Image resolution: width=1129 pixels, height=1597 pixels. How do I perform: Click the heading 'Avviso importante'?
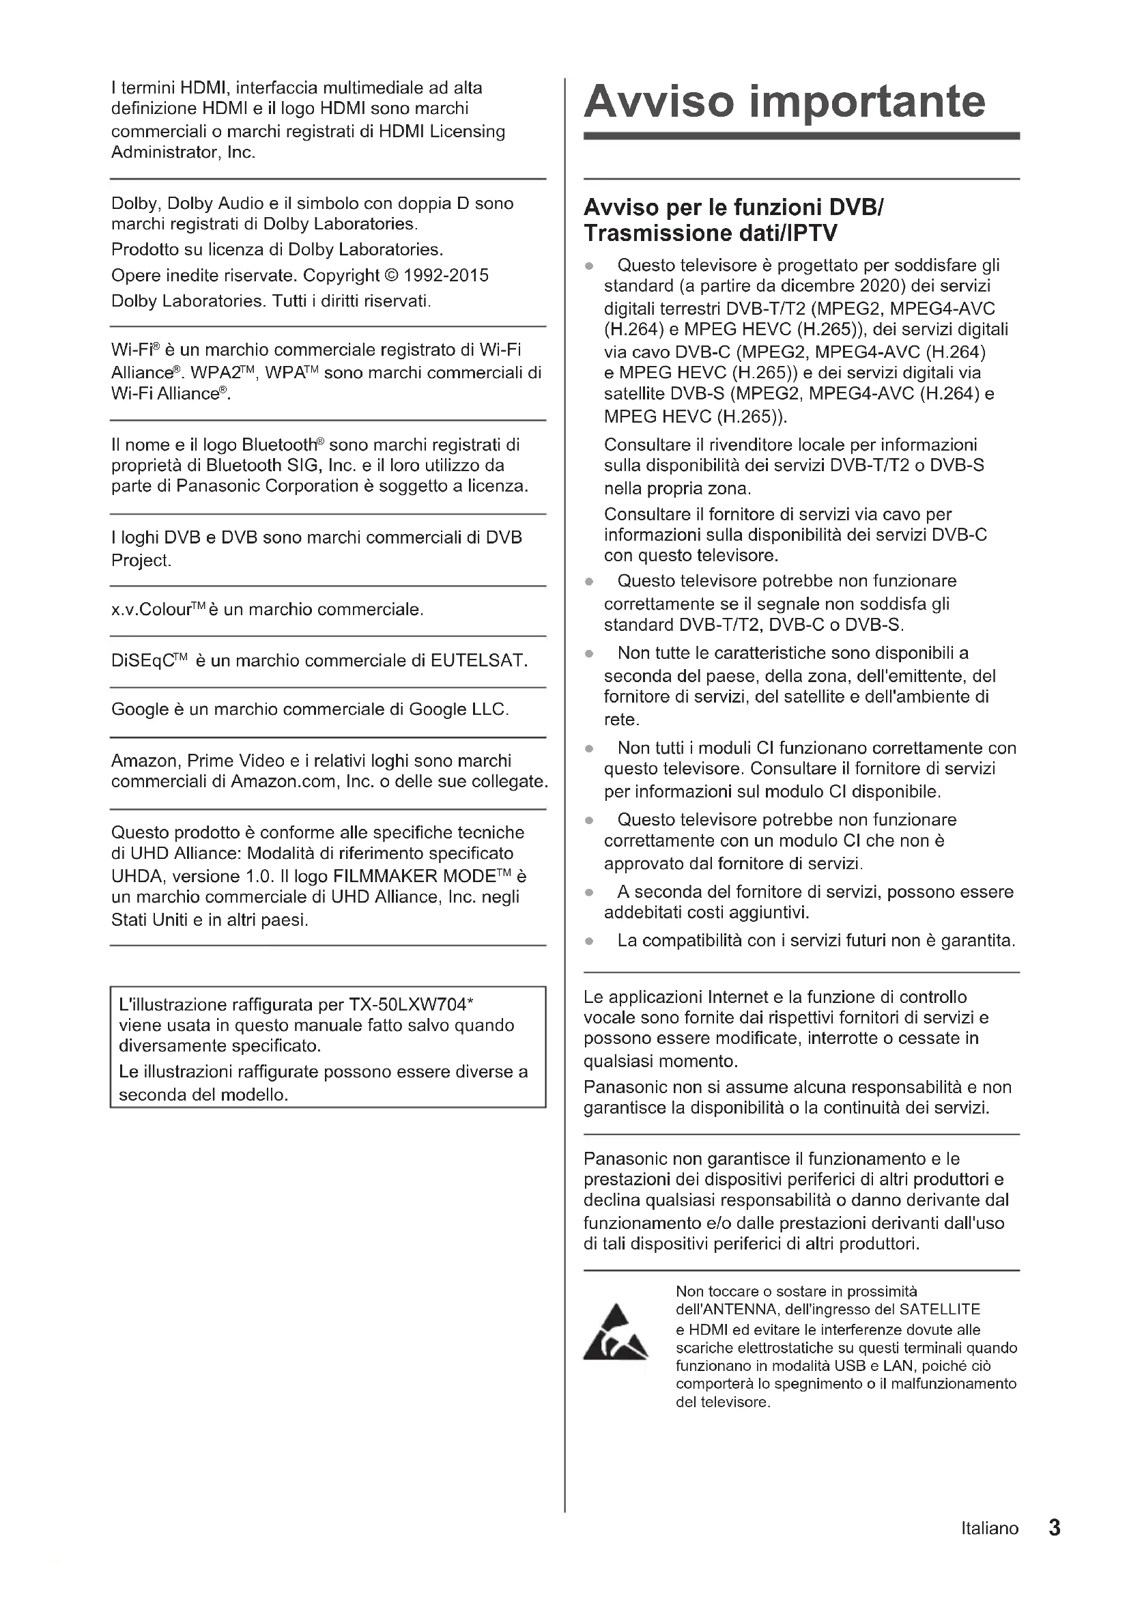tap(784, 102)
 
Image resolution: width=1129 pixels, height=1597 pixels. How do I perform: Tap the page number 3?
tap(1054, 1527)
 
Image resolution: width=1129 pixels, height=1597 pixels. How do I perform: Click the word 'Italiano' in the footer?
tap(989, 1528)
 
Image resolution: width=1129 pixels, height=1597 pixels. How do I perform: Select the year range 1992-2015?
tap(446, 275)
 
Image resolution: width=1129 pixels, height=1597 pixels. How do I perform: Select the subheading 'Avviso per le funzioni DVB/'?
tap(733, 208)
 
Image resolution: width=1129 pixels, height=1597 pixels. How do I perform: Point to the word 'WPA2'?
tap(210, 373)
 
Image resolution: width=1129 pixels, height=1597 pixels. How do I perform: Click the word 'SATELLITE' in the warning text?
tap(939, 1310)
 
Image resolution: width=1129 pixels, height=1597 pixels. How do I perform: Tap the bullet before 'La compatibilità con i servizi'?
tap(589, 941)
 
